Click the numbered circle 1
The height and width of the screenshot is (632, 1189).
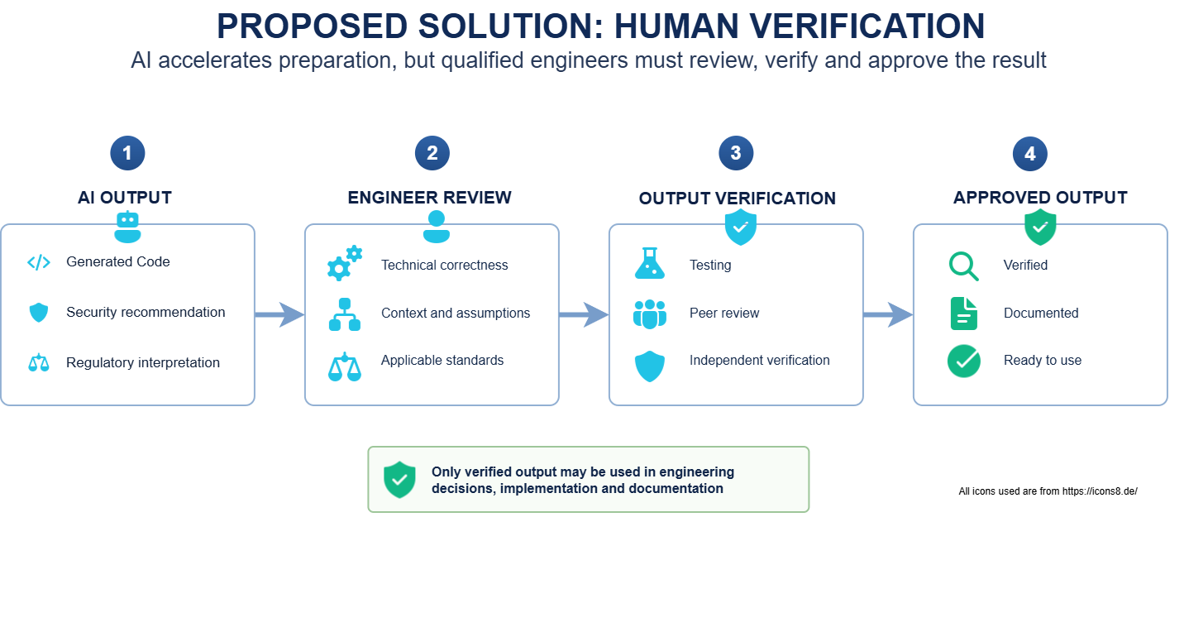pos(127,153)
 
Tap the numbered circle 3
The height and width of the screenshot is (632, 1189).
pos(736,153)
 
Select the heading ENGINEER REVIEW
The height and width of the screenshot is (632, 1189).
pos(429,198)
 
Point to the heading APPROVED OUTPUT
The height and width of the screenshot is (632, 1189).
pos(1040,198)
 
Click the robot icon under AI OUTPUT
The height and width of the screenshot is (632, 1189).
pos(127,227)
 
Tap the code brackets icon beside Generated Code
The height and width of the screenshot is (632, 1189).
pos(39,262)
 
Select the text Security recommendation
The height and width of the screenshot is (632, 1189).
pos(146,313)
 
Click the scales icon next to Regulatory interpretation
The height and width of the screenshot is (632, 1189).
pos(39,362)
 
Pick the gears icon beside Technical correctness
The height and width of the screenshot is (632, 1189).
pos(345,263)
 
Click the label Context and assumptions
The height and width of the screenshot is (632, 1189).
pos(456,314)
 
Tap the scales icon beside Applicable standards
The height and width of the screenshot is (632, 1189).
pos(345,366)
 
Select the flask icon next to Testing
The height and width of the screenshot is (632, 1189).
pos(650,263)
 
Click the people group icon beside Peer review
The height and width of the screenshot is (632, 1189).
pos(650,314)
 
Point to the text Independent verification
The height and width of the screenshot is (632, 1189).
pos(760,360)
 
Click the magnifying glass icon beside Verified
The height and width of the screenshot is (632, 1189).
pos(963,266)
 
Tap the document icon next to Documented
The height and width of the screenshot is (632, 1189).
pos(963,314)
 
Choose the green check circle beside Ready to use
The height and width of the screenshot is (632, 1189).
pos(963,361)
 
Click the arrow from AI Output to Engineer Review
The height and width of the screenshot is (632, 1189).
pos(279,315)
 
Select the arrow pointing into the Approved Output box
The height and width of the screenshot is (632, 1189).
pos(888,315)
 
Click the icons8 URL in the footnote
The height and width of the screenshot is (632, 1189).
pos(1100,491)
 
